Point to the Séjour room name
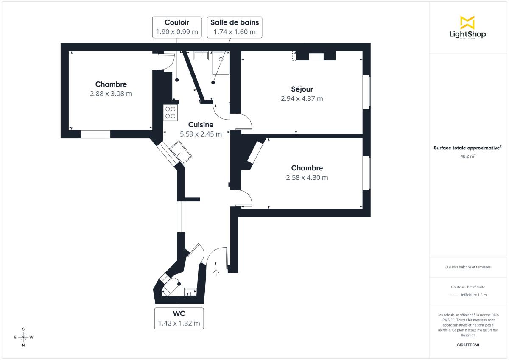pyautogui.click(x=302, y=89)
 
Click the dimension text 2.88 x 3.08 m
pyautogui.click(x=111, y=94)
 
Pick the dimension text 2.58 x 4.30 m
pyautogui.click(x=307, y=178)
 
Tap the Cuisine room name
pyautogui.click(x=201, y=125)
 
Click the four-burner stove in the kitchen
pyautogui.click(x=171, y=112)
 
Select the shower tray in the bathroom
pyautogui.click(x=221, y=63)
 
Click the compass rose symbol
pyautogui.click(x=23, y=337)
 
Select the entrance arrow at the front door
pyautogui.click(x=216, y=271)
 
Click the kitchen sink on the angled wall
pyautogui.click(x=181, y=151)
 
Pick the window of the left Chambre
pyautogui.click(x=95, y=134)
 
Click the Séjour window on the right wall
pyautogui.click(x=366, y=92)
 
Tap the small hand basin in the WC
pyautogui.click(x=190, y=291)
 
